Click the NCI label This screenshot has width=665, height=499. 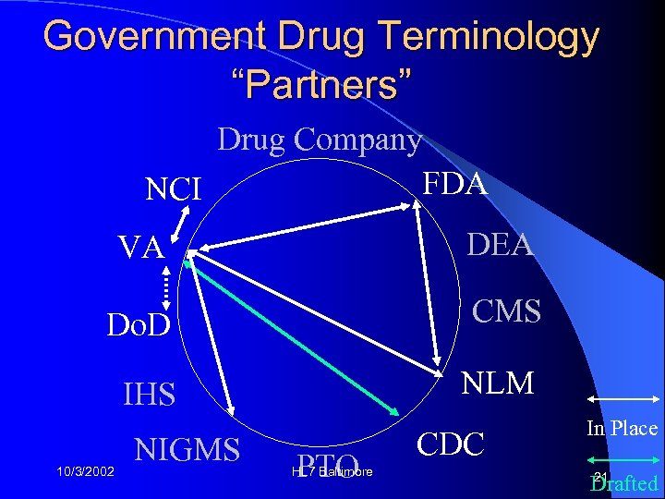pos(174,189)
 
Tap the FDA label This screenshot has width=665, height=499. pos(453,183)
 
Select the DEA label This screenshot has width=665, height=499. pos(500,244)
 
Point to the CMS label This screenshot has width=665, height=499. pos(506,311)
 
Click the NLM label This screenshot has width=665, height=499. pos(497,381)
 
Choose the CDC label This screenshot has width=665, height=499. pos(451,444)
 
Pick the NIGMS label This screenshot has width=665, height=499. pos(187,450)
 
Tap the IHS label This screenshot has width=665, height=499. pos(149,395)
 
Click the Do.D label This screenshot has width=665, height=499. pos(139,325)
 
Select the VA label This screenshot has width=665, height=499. pos(140,248)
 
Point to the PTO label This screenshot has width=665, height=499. pos(329,466)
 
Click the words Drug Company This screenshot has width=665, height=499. pos(320,140)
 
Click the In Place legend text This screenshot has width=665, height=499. pos(621,428)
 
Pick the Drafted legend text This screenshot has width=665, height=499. pos(626,483)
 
